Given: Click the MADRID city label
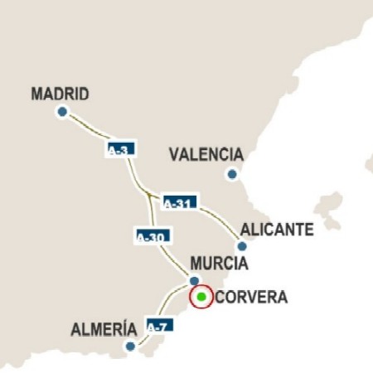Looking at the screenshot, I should (x=60, y=94).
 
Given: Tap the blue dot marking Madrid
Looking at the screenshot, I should (x=61, y=112).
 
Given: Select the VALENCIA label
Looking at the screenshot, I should (x=206, y=155).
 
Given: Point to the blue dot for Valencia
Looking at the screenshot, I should (x=232, y=174).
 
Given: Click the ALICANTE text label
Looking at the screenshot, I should (x=276, y=230).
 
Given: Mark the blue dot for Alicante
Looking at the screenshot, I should (x=241, y=246).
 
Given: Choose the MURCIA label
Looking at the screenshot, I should (x=219, y=264).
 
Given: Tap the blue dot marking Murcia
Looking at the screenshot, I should (x=194, y=280).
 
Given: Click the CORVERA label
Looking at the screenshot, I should (x=251, y=298).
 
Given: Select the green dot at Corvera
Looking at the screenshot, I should (x=201, y=297).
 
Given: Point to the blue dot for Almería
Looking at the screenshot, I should (x=129, y=346).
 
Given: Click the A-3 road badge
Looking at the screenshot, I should (x=119, y=150).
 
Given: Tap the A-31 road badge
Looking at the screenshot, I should (x=179, y=201).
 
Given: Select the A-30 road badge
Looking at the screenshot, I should (x=151, y=236).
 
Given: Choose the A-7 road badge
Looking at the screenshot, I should (x=157, y=327).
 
